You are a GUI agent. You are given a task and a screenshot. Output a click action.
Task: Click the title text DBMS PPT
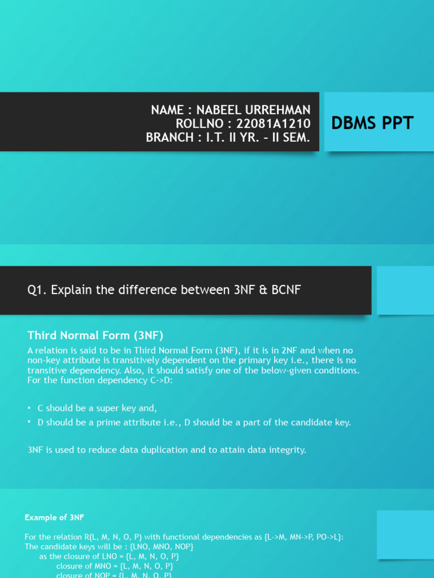pos(372,123)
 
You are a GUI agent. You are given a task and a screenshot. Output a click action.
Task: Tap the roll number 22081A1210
pos(273,124)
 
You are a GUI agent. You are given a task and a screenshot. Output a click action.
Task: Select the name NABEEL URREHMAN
pos(253,110)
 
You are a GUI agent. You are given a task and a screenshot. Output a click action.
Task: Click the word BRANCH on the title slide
pos(170,137)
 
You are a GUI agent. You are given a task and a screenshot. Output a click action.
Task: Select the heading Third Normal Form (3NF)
pos(95,335)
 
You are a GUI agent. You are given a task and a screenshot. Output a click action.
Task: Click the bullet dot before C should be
pos(29,408)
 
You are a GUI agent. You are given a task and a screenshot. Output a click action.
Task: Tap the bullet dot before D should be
pos(29,422)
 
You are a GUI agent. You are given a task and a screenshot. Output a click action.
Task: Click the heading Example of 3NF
pos(54,518)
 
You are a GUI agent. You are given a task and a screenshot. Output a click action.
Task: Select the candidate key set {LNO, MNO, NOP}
pos(162,546)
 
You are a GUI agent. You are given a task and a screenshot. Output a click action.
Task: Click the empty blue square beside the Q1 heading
pos(405,291)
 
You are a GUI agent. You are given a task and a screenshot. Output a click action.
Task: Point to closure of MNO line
pos(114,566)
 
